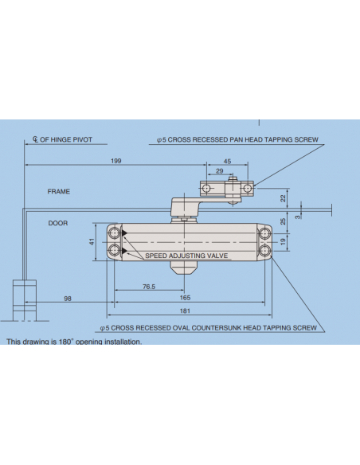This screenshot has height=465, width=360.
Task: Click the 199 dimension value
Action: click(116, 162)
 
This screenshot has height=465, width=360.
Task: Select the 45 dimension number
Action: click(227, 162)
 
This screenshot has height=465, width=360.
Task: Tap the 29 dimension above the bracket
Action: click(219, 172)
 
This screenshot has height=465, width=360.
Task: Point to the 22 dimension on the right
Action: click(283, 197)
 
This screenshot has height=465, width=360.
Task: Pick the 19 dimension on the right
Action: click(283, 240)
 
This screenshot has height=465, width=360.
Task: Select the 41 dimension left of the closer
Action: click(92, 240)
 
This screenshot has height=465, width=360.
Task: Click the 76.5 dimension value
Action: click(147, 287)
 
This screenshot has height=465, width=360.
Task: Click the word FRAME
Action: click(59, 192)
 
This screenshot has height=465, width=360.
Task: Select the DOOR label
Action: click(57, 223)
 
